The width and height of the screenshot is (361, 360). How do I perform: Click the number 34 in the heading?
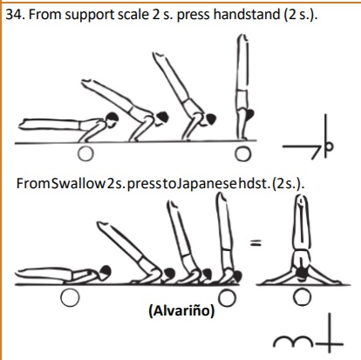(14, 15)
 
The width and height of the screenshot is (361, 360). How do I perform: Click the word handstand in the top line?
(247, 15)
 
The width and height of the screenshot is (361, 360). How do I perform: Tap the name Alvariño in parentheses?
(181, 310)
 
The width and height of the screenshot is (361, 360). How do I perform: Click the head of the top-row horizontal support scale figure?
(112, 119)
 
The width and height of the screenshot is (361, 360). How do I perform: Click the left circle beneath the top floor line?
(85, 153)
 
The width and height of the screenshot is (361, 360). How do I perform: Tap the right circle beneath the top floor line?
(243, 154)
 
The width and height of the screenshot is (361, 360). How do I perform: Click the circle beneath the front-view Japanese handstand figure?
(303, 297)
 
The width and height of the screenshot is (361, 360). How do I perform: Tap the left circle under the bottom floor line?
(70, 298)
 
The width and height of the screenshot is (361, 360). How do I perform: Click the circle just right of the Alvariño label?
(227, 298)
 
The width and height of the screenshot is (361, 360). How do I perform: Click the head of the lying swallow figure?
(105, 271)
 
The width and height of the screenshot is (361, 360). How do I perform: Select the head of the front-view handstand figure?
(302, 273)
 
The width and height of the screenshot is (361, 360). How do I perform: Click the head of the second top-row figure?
(162, 118)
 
